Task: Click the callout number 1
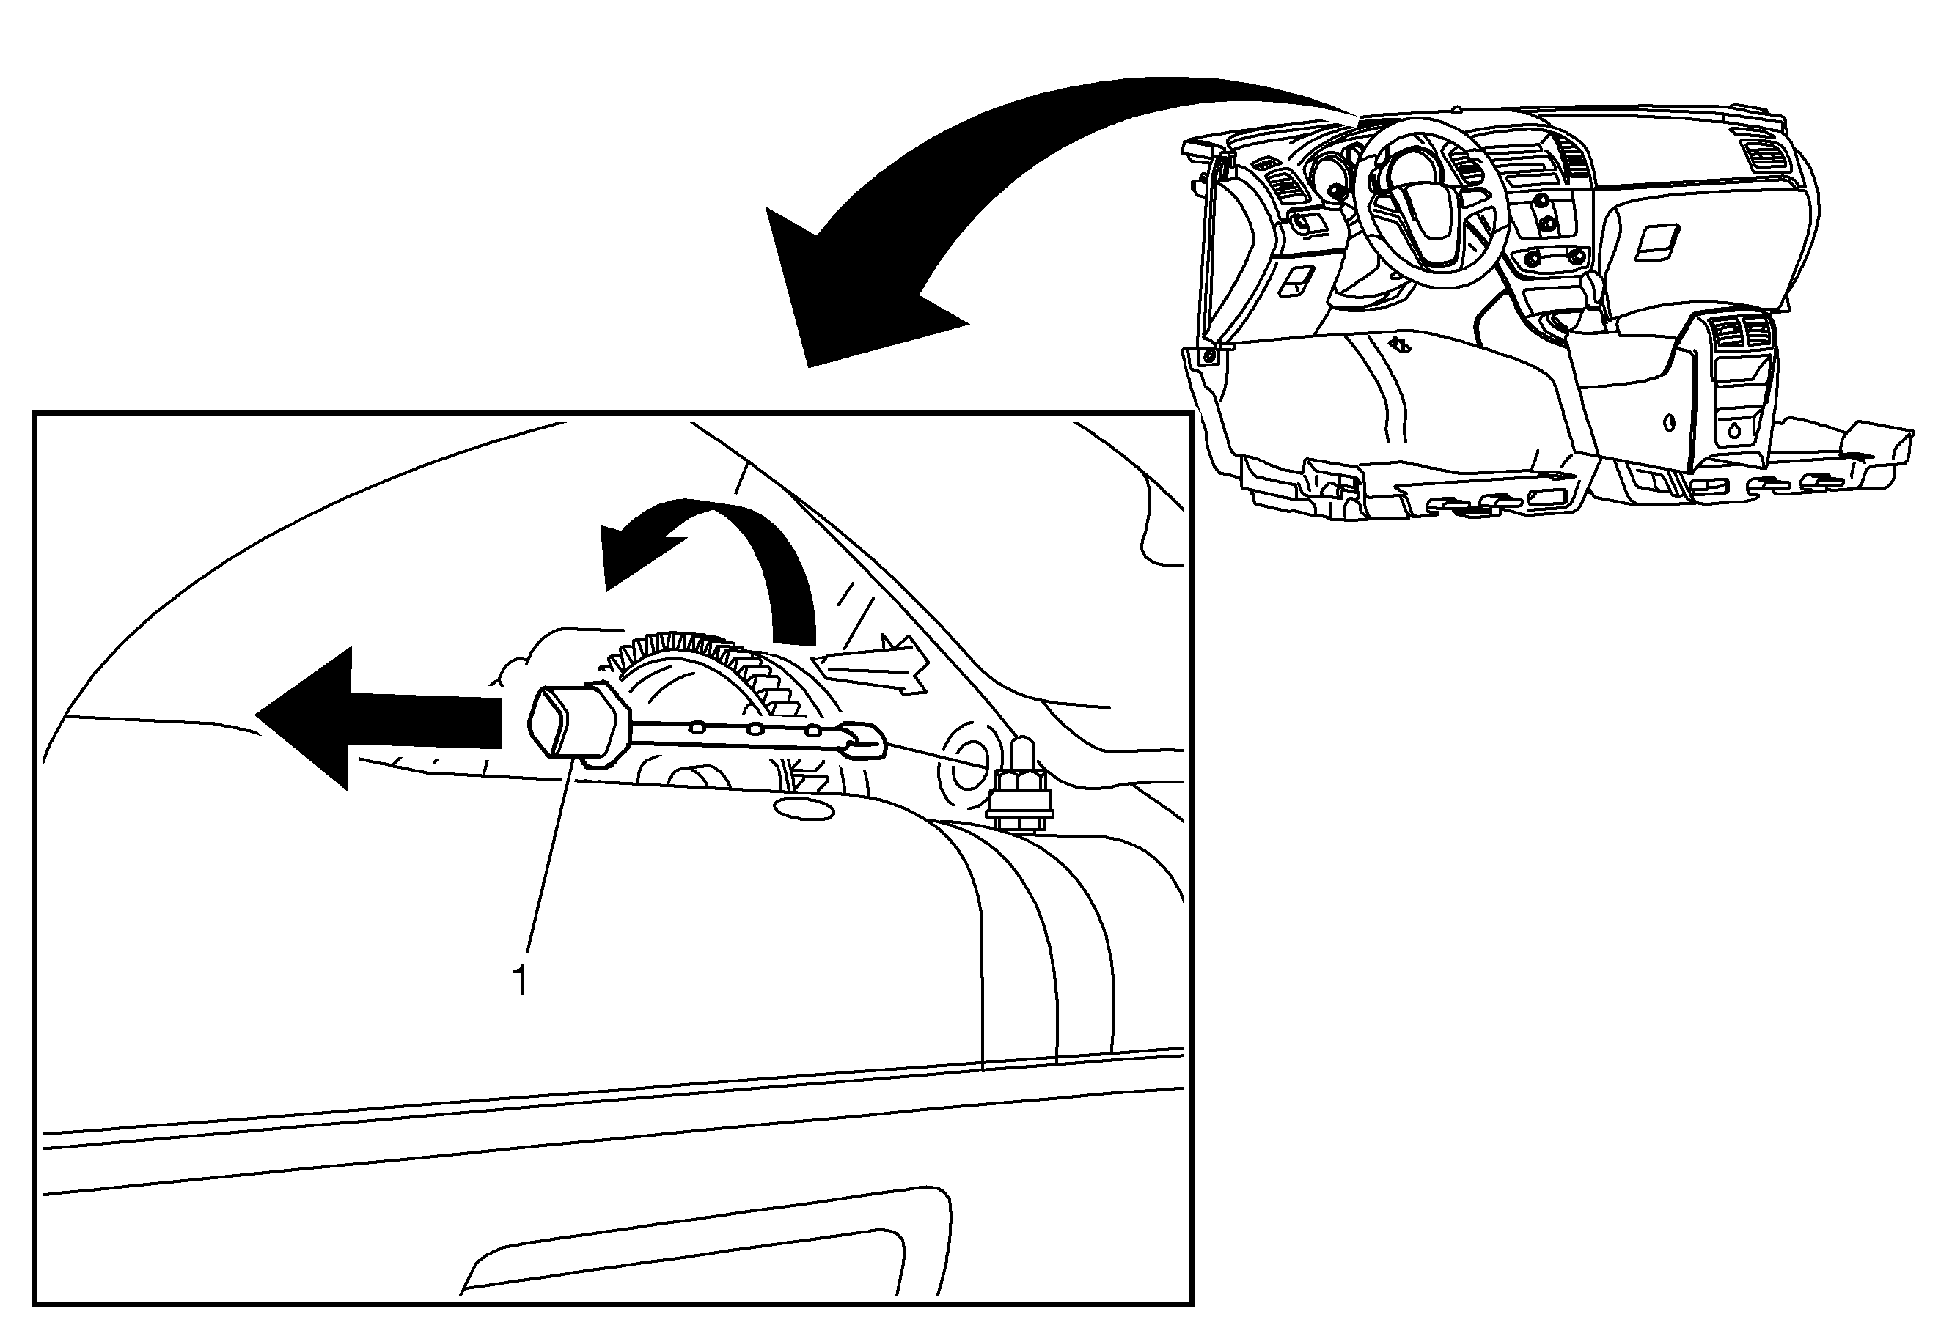coord(521,980)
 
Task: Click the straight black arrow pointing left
coord(378,718)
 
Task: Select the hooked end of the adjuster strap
coord(865,740)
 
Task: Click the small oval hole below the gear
coord(802,808)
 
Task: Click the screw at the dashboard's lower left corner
coord(1208,356)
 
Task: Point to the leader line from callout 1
coord(551,856)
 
